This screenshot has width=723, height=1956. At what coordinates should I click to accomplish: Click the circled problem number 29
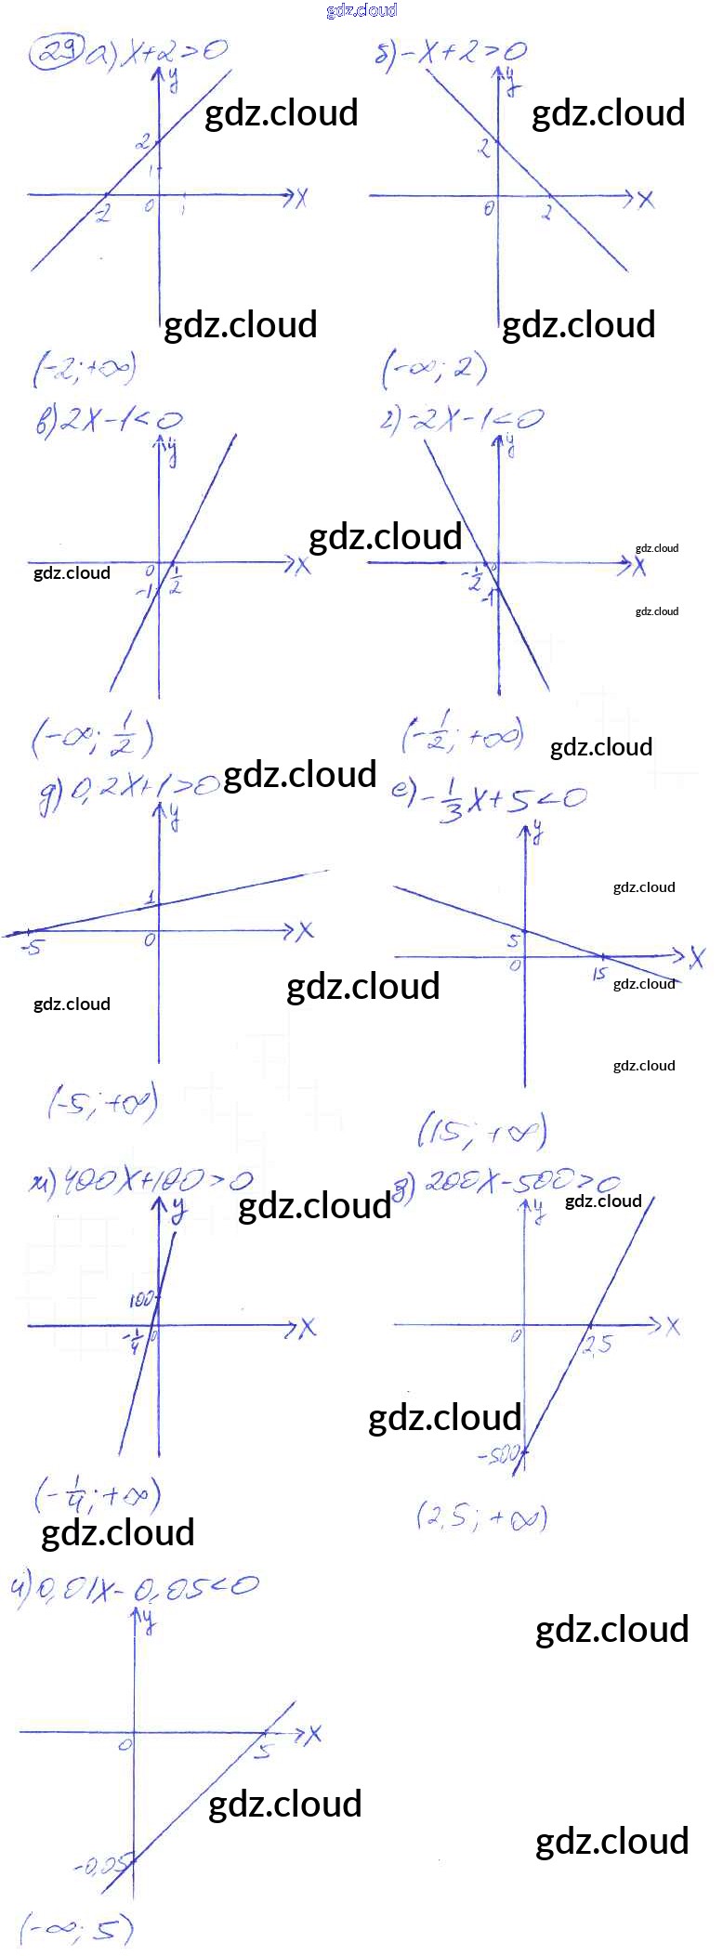(x=56, y=52)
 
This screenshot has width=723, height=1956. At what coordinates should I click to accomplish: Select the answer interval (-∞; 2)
(x=434, y=371)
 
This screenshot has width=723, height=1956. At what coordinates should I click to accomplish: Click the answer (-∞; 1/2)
(x=92, y=739)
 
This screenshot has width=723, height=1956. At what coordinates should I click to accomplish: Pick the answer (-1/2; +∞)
(x=462, y=735)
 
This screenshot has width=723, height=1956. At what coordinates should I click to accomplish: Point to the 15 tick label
(x=599, y=974)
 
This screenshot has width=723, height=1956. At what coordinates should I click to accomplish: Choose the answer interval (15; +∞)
(x=481, y=1132)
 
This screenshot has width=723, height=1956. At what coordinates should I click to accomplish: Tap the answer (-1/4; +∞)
(x=98, y=1496)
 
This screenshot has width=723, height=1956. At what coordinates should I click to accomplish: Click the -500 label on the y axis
(x=497, y=1455)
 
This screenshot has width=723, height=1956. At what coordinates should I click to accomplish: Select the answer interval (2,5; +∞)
(x=481, y=1517)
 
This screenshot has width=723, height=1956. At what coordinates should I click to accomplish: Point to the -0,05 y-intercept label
(x=98, y=1865)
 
